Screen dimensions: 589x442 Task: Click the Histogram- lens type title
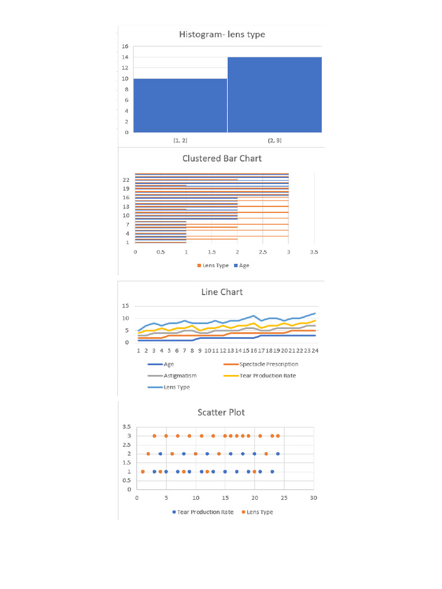(222, 35)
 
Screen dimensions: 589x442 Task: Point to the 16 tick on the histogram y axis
(125, 46)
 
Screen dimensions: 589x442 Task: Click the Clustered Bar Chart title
(222, 158)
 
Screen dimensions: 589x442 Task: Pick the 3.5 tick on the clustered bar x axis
(314, 252)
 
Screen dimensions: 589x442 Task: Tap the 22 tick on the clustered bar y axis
(125, 180)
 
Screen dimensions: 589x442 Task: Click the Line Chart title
(222, 292)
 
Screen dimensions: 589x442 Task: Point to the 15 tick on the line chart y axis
(125, 305)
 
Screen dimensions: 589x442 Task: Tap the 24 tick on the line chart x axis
(315, 350)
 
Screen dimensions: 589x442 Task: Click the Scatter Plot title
(222, 412)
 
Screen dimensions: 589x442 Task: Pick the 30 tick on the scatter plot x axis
(313, 498)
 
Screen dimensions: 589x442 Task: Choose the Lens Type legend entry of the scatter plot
(260, 512)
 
